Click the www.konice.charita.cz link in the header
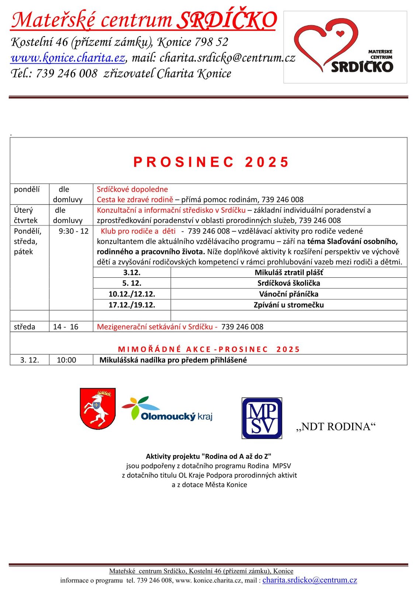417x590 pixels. tap(68, 58)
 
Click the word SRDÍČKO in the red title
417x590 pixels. tap(226, 20)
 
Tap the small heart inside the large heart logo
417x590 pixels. tap(340, 34)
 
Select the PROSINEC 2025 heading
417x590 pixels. tap(211, 162)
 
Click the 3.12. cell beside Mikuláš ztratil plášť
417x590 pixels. tap(132, 273)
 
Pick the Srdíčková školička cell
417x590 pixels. tap(288, 283)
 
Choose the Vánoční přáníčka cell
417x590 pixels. tap(288, 294)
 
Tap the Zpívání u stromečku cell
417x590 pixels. tap(288, 305)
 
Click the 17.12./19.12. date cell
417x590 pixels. tap(132, 305)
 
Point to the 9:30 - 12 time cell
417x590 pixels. tap(73, 231)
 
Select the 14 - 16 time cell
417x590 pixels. tap(66, 327)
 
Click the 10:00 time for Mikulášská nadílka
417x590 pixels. tap(66, 360)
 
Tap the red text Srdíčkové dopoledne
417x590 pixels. tap(132, 189)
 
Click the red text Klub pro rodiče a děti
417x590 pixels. tap(138, 231)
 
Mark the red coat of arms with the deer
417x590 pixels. tap(98, 408)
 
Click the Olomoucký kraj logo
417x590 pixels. tap(167, 410)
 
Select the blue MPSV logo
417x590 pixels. tap(262, 418)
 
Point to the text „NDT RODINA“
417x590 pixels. tap(336, 427)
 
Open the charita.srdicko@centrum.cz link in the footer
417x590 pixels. tap(309, 580)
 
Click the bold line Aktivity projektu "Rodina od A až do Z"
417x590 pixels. tap(209, 457)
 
